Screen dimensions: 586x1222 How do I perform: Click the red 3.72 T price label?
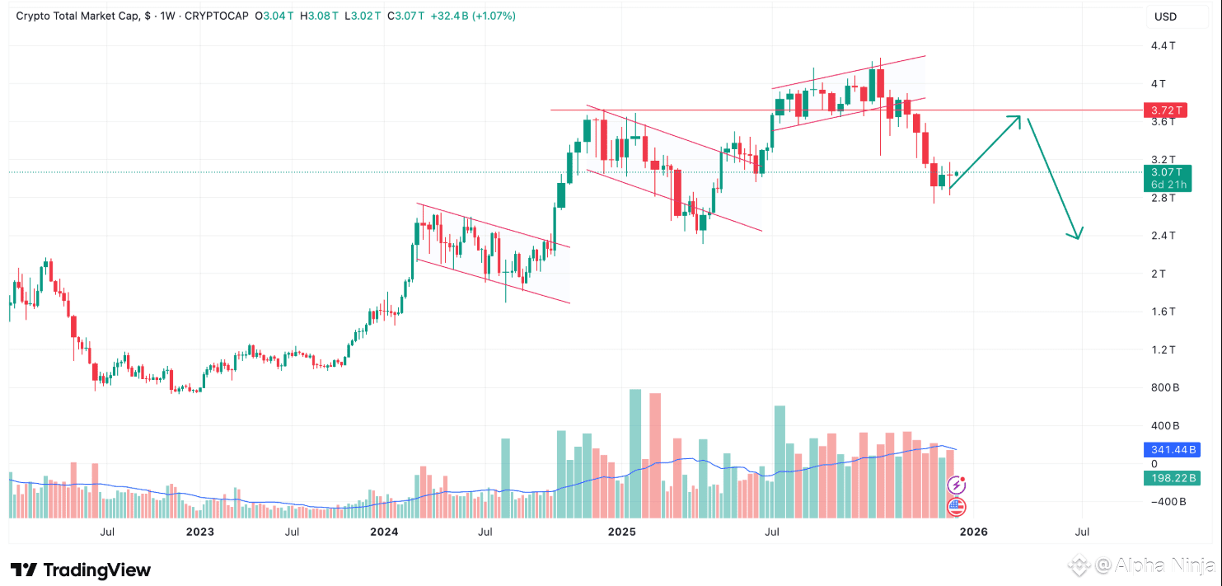[x=1166, y=110]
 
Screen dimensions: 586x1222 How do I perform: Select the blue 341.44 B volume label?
[x=1170, y=450]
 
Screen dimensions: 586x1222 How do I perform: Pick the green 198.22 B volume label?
[x=1170, y=478]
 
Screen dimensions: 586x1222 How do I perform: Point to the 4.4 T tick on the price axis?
[x=1163, y=45]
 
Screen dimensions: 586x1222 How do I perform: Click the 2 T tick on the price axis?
[x=1158, y=274]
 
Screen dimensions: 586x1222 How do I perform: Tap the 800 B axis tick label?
[x=1164, y=387]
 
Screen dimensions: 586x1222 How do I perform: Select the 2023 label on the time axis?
[x=200, y=532]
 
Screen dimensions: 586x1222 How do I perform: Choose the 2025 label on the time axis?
[x=622, y=532]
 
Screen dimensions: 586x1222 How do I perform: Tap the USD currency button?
[x=1165, y=16]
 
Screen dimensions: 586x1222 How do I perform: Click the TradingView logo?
[x=81, y=570]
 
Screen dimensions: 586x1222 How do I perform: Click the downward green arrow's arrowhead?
[x=1076, y=236]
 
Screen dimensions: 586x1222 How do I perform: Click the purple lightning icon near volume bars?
[x=957, y=485]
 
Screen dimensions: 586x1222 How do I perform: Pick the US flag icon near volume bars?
[x=956, y=506]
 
